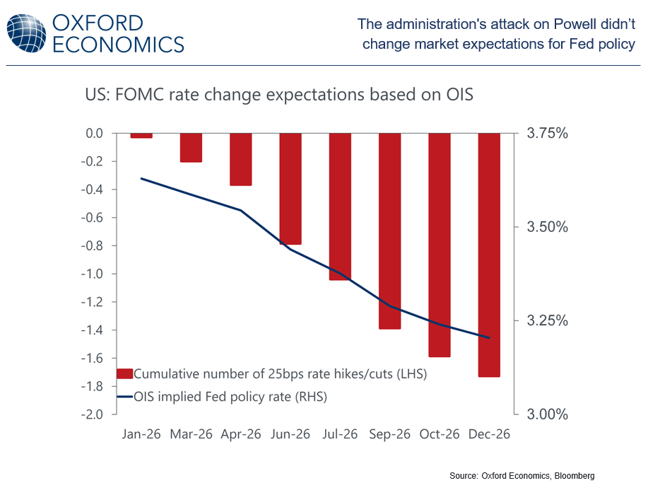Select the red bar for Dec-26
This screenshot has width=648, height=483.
pos(489,255)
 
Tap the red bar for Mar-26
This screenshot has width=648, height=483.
pos(191,148)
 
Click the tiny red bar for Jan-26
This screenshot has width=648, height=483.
pos(141,135)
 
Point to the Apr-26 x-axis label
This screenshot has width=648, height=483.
pos(241,433)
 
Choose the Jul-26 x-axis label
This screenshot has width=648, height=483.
pos(340,433)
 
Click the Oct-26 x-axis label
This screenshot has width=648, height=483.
pos(440,433)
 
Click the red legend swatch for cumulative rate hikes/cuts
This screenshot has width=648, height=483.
pos(124,373)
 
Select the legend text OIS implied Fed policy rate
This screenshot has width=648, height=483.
pos(230,397)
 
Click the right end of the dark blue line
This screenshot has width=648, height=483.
pos(489,338)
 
